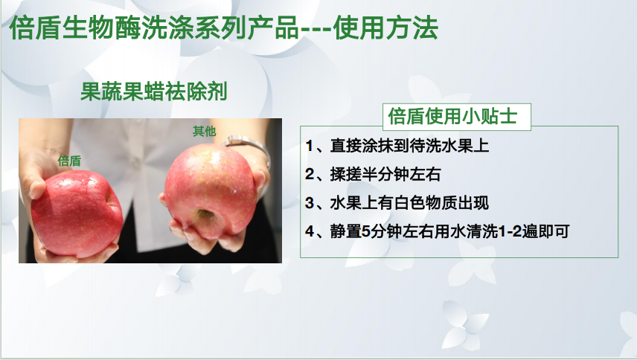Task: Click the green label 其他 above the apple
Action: click(205, 131)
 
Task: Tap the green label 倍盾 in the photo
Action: click(69, 161)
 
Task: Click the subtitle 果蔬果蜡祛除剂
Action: click(153, 91)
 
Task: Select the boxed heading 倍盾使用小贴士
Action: click(452, 116)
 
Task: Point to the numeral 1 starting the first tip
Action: click(309, 146)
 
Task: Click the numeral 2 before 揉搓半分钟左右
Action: click(310, 175)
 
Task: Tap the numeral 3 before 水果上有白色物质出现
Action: click(310, 203)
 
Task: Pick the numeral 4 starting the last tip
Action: click(310, 231)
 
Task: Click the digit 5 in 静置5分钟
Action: click(366, 231)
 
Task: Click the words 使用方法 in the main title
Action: click(385, 28)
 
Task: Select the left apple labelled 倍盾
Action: click(77, 213)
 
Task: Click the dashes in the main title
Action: click(316, 30)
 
